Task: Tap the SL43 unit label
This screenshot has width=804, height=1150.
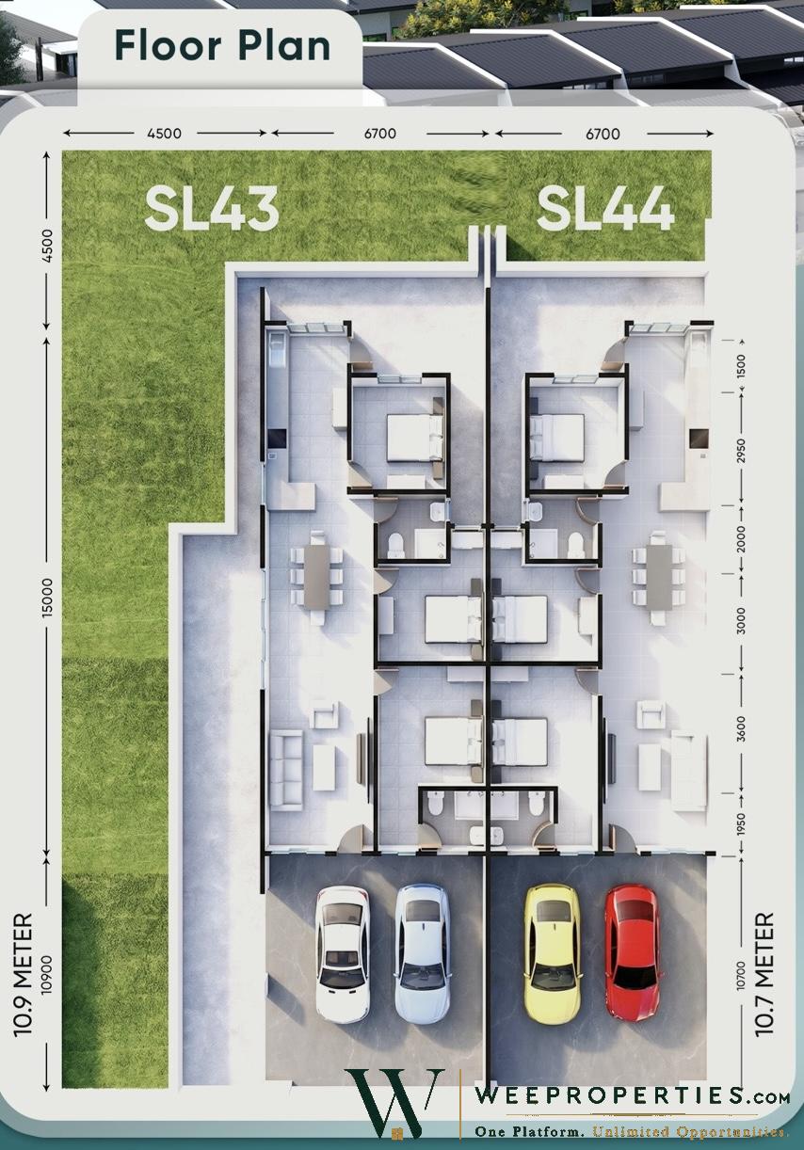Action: tap(212, 210)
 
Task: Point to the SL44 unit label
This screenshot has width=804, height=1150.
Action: tap(605, 210)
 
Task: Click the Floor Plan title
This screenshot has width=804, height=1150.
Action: tap(222, 46)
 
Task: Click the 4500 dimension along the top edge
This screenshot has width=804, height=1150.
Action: tap(164, 134)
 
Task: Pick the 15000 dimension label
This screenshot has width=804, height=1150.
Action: tap(47, 597)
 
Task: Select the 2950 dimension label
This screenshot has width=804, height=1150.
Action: tap(741, 450)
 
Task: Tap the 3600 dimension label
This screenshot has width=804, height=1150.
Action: tap(741, 728)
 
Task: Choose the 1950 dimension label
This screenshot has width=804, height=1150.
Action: tap(741, 823)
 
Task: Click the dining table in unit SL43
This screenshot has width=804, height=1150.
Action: tap(316, 577)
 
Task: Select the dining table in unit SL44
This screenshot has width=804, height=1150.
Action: tap(659, 577)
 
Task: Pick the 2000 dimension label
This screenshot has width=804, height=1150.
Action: tap(741, 539)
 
